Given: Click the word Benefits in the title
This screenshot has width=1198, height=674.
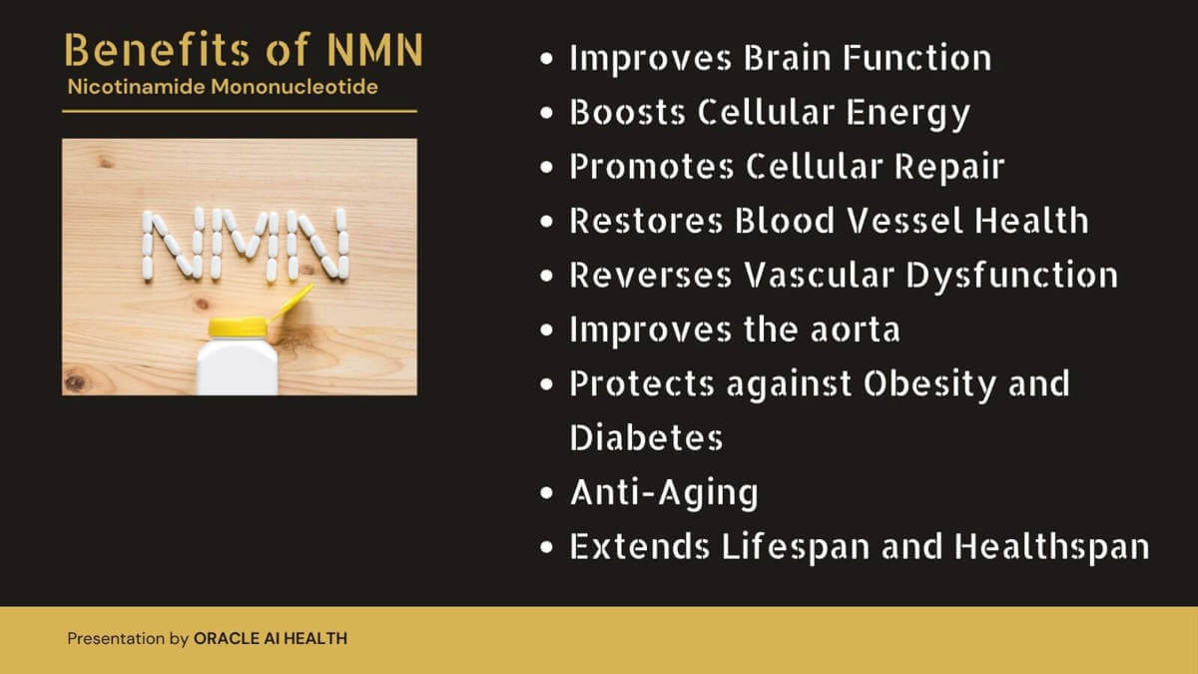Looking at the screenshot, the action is (158, 49).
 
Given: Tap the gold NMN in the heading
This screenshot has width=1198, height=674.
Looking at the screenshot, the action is (375, 50).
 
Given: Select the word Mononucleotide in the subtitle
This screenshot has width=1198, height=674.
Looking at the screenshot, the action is (295, 87).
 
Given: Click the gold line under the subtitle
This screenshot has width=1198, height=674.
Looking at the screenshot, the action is (240, 111).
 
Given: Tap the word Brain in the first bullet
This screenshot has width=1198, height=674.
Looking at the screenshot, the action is (788, 57).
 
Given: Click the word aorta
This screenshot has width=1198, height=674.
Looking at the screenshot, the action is (856, 331).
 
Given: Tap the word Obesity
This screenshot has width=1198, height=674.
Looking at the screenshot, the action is (930, 385).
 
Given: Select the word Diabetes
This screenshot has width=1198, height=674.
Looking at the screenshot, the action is (646, 437).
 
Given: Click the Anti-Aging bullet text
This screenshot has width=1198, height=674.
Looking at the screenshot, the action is (664, 493).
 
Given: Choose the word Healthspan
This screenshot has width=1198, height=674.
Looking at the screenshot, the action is (1051, 548).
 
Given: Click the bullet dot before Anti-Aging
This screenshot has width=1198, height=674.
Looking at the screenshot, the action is (546, 492).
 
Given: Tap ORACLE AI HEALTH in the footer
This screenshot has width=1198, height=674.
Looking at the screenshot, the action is (271, 638).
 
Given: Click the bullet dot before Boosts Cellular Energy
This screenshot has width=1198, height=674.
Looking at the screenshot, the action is (546, 113).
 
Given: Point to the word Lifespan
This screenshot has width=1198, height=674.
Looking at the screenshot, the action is (796, 548).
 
